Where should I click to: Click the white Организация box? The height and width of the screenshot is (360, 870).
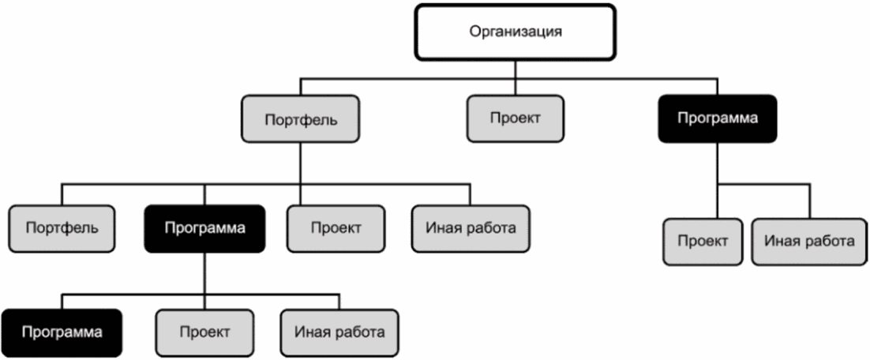[x=516, y=32]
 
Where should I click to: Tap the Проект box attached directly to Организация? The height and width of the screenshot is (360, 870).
[x=515, y=118]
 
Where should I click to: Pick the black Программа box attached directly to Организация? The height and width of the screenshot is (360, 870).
[x=718, y=118]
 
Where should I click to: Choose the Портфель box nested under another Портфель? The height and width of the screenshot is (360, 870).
[x=62, y=228]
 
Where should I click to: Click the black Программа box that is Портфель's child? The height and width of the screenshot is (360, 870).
[x=205, y=228]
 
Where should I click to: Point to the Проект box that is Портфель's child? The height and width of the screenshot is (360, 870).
[x=336, y=228]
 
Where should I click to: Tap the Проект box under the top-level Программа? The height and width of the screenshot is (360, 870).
[x=702, y=241]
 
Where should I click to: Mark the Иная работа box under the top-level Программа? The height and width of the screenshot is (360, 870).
[x=809, y=240]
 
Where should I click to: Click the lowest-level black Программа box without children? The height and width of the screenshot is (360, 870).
[x=62, y=332]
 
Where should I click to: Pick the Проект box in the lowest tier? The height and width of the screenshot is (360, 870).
[x=204, y=332]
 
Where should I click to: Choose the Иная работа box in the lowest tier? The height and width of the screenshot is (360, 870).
[x=339, y=332]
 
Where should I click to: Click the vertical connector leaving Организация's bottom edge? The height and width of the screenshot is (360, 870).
[x=516, y=69]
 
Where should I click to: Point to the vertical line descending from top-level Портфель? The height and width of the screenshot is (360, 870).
[x=299, y=164]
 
